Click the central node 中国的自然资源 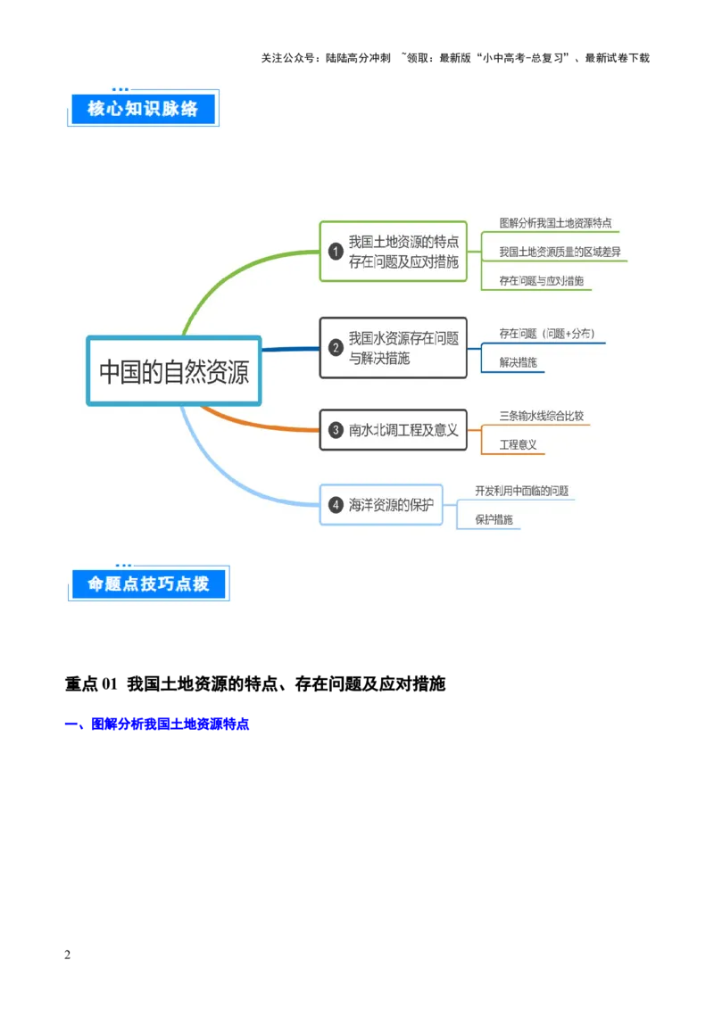coord(174,371)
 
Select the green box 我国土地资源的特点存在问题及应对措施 coord(394,252)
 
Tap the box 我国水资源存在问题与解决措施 coord(394,347)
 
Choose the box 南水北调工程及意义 coord(394,430)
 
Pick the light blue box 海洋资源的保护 coord(382,505)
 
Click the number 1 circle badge coord(336,252)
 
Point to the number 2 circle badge coord(336,347)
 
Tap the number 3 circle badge coord(336,430)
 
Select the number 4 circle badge coord(336,505)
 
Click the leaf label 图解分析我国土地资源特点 coord(555,223)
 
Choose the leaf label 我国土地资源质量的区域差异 coord(560,252)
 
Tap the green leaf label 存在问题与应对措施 coord(541,280)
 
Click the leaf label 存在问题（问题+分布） coord(546,334)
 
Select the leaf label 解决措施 coord(518,362)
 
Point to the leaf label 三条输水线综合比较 coord(542,416)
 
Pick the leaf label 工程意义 coord(518,444)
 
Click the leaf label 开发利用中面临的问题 coord(521,491)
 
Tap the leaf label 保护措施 coord(494,519)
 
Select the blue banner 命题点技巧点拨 coord(148,584)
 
